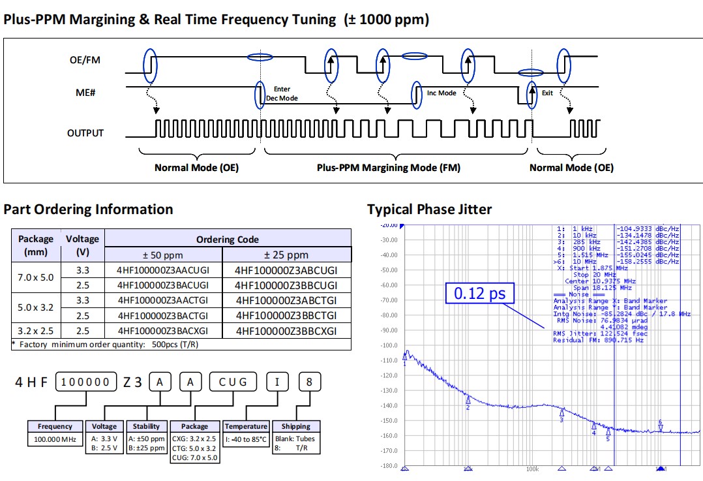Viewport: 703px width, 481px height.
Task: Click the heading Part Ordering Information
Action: pos(88,209)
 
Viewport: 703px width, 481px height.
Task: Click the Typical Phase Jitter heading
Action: pos(429,209)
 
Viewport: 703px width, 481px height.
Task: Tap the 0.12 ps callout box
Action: pos(479,293)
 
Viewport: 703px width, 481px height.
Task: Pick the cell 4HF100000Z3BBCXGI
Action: pos(286,331)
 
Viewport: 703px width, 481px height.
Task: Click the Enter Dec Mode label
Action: pos(282,93)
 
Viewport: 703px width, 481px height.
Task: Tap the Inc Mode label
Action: pos(441,93)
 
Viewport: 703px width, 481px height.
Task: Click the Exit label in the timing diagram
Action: pos(547,93)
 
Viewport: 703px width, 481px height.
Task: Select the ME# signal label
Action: pos(86,93)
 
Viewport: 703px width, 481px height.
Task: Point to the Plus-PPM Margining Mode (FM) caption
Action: pos(389,168)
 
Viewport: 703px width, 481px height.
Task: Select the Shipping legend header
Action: pos(295,426)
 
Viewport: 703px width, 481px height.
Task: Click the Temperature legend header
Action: pos(246,426)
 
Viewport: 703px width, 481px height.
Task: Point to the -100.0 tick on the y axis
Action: pos(390,345)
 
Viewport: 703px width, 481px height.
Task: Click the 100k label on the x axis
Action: pos(532,469)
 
